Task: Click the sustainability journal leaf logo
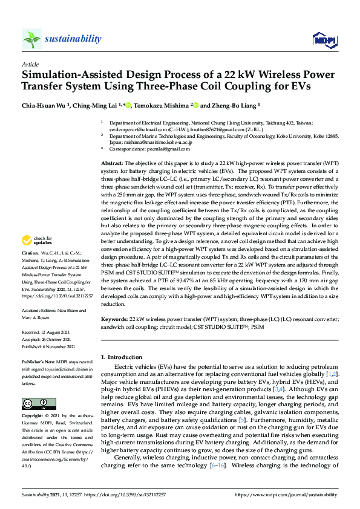pos(32,39)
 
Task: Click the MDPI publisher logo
pos(324,40)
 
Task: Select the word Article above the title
pos(30,63)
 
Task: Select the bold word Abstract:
pos(112,163)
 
